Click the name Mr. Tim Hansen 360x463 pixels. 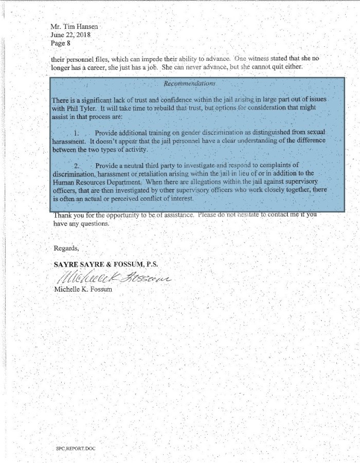click(74, 26)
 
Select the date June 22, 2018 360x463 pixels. click(70, 34)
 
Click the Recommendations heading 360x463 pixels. click(189, 83)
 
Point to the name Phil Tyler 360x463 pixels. click(80, 108)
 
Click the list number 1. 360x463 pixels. click(78, 133)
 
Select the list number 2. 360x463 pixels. click(77, 166)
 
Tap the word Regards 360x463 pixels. click(66, 248)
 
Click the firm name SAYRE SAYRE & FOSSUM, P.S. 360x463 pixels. click(106, 264)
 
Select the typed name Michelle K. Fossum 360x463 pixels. click(83, 289)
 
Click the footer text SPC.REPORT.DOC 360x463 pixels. click(76, 449)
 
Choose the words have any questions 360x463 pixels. click(81, 224)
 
